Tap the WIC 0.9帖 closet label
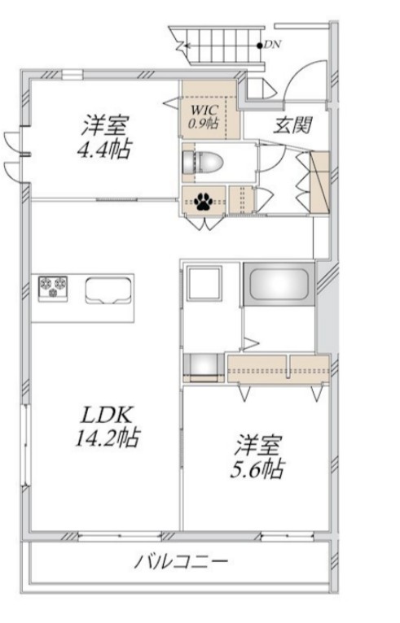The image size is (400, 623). pos(204,116)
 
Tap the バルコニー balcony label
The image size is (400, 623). pos(182,561)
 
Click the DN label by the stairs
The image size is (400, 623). pos(271,45)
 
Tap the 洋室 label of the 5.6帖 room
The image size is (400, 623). pos(259,445)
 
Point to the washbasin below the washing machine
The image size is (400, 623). pos(202,367)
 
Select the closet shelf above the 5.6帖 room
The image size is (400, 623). pos(279,368)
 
